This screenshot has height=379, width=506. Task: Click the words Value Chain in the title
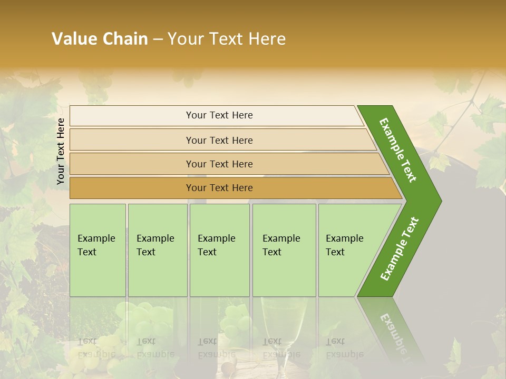(x=100, y=38)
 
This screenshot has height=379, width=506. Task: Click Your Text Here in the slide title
(x=227, y=38)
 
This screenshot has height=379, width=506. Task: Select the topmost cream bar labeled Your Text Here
(x=219, y=115)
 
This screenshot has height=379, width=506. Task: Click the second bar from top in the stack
(x=219, y=140)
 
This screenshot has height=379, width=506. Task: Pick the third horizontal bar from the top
(x=219, y=164)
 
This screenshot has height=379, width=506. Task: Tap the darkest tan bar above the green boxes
(x=219, y=188)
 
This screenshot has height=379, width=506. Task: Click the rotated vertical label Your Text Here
(x=61, y=151)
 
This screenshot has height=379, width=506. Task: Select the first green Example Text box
(x=98, y=250)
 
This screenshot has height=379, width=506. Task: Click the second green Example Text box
(x=157, y=250)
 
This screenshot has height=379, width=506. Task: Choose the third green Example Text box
(x=219, y=250)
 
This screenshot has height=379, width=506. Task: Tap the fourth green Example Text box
(x=284, y=250)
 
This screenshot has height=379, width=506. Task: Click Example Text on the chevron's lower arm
(x=400, y=248)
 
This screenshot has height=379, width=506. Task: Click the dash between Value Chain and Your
(x=158, y=39)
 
